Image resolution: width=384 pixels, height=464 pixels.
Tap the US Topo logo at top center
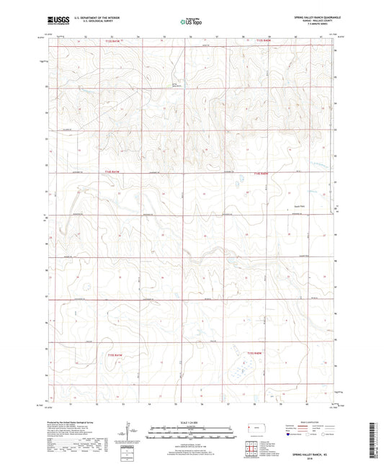click(190, 22)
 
